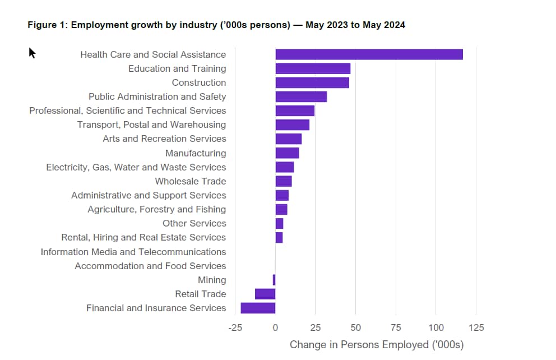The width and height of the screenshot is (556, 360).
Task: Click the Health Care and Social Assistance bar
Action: coord(369,54)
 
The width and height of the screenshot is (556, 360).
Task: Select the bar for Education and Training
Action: coord(313,68)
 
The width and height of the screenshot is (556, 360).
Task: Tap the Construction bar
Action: coord(312,82)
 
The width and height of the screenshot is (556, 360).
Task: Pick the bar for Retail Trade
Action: coord(265,294)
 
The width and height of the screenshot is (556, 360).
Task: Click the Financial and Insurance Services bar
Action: coord(258,308)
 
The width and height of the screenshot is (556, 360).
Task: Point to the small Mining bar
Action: coord(274,280)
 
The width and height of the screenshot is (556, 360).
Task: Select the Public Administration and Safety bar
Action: coord(301,96)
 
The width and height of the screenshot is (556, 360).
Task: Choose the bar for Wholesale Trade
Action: coord(284,181)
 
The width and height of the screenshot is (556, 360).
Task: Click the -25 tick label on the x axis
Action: coord(235,327)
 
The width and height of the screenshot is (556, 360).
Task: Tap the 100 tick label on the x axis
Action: coord(436,327)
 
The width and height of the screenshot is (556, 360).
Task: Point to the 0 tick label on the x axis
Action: coord(275,327)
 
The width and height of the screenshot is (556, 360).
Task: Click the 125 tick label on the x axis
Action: coord(476,327)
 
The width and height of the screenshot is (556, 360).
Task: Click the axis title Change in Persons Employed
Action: coord(359,345)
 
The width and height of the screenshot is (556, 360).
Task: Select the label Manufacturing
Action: coord(196,153)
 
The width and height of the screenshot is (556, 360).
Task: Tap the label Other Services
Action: coord(194,223)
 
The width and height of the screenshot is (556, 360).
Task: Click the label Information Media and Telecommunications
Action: coord(133,252)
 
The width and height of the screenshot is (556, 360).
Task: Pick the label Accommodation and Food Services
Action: coord(150,266)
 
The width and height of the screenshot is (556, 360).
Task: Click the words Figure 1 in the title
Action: coord(47,25)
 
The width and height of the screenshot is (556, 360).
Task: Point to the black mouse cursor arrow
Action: coord(32,53)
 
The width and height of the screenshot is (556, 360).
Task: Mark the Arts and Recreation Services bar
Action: coord(289,139)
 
